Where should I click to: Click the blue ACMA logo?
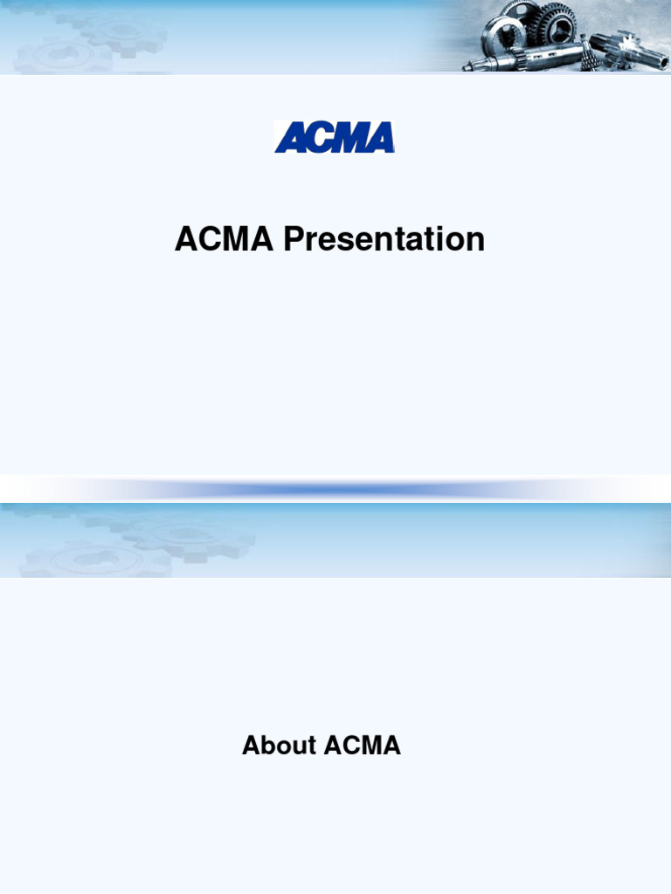(x=335, y=137)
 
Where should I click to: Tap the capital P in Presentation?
(x=291, y=239)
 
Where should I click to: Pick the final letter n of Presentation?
(x=475, y=242)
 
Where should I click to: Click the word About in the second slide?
(x=280, y=746)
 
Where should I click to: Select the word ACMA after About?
(x=362, y=746)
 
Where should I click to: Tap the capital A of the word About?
(x=251, y=746)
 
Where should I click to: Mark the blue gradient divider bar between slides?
(x=335, y=490)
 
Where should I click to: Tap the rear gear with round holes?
(x=520, y=10)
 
